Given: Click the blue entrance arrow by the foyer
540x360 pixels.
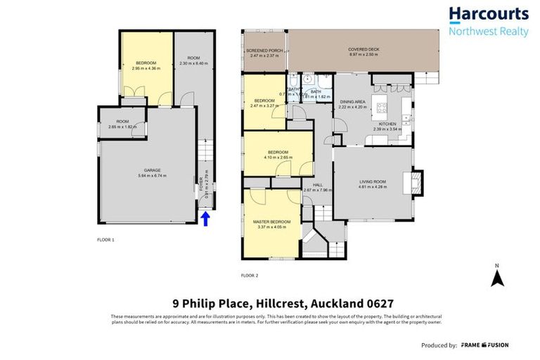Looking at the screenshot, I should (206, 220).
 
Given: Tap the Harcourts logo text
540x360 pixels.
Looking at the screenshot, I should (488, 14).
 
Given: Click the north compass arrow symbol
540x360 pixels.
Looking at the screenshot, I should (498, 277).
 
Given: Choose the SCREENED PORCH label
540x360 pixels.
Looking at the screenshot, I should (264, 51).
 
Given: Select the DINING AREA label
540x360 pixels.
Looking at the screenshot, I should (353, 102).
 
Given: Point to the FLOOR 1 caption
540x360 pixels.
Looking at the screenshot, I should (105, 240).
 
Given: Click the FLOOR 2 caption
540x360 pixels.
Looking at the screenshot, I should (250, 275).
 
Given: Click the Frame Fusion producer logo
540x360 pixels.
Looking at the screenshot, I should (484, 345).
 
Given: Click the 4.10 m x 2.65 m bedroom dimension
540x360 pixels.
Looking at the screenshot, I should (278, 157).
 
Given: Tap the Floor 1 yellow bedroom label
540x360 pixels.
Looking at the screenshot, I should (147, 63).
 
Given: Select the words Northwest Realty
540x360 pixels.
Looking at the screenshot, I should (488, 32).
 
